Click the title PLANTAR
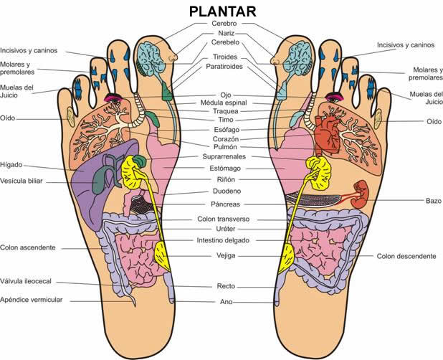tap(223, 12)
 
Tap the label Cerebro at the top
tap(224, 24)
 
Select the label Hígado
tap(11, 165)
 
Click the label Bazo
tap(434, 201)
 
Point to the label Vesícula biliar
tap(22, 181)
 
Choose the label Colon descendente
tap(406, 256)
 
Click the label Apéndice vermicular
tap(31, 300)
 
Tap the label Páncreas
tap(225, 204)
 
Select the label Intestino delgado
tap(223, 240)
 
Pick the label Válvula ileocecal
tap(26, 281)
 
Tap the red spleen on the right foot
tap(360, 194)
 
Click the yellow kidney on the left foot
tap(131, 172)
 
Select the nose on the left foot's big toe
tap(172, 55)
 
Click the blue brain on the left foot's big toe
tap(151, 58)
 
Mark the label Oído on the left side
tap(8, 118)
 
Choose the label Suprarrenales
tap(224, 156)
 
